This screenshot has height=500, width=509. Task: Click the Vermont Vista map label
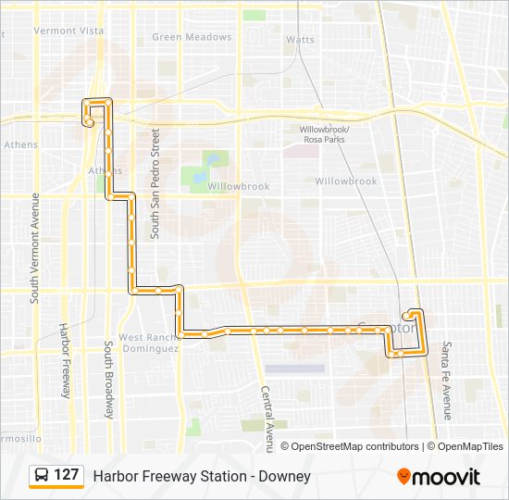click(x=68, y=31)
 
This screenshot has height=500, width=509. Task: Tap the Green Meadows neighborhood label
click(x=192, y=37)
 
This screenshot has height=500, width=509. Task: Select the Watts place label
click(x=300, y=40)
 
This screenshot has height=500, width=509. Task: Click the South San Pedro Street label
click(x=156, y=183)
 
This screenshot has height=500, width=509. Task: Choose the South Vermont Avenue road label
click(x=34, y=248)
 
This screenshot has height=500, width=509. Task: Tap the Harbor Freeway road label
click(x=65, y=360)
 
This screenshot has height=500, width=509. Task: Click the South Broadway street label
click(x=109, y=380)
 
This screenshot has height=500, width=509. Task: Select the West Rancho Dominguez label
click(x=148, y=343)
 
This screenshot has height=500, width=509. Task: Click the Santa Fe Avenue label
click(x=446, y=380)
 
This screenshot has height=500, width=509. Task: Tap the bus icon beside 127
click(x=41, y=476)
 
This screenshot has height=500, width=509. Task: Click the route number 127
click(x=67, y=475)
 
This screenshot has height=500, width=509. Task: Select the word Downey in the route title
click(x=288, y=476)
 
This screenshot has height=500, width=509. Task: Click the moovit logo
click(x=438, y=476)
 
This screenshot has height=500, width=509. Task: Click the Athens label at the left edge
click(x=20, y=144)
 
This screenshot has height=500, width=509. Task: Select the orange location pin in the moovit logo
click(x=403, y=476)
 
